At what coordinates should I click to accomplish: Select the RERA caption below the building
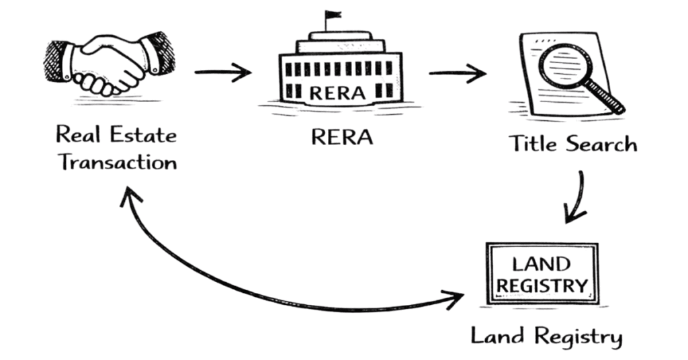click(341, 137)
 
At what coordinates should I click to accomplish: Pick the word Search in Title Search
click(601, 143)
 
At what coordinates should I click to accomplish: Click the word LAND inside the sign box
click(541, 263)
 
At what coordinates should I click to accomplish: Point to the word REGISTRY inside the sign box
click(542, 285)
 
